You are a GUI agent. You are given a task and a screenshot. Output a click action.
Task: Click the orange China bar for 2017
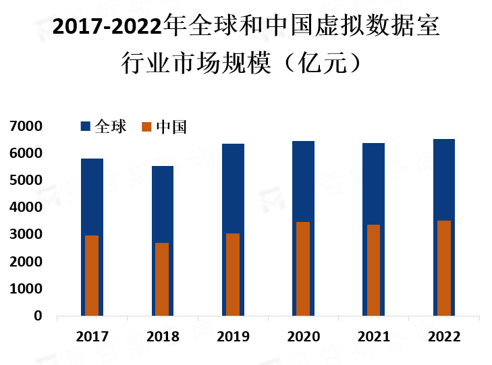pos(92,275)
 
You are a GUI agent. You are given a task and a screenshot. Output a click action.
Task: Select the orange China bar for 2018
pos(162,279)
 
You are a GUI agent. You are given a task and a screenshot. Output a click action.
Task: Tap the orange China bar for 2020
pos(303,269)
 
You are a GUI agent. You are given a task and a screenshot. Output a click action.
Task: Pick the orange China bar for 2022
pos(444,268)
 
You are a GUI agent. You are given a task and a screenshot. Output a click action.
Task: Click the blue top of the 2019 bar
pos(233,188)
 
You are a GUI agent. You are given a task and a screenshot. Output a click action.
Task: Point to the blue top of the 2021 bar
pos(373,184)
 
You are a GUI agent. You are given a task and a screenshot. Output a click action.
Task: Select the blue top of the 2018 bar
pos(163,204)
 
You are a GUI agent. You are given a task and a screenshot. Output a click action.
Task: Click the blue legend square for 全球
pos(85,126)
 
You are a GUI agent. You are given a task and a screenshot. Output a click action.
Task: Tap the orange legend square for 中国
pos(146,127)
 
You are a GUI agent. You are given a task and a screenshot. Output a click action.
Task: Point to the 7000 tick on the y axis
pos(26,126)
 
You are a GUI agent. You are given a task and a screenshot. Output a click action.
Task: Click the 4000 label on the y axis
pos(26,207)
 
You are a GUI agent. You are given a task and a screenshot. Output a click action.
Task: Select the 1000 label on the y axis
pos(26,289)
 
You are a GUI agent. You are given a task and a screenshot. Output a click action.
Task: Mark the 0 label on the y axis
pos(38,316)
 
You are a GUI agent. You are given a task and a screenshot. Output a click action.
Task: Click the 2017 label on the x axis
pos(92,337)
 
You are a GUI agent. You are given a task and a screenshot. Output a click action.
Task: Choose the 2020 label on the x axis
pos(304,337)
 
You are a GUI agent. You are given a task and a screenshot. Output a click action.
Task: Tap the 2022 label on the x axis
pos(444,337)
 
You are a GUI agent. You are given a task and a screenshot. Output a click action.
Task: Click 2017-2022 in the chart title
pos(107,26)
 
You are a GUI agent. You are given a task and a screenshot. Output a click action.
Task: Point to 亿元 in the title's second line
pos(322,63)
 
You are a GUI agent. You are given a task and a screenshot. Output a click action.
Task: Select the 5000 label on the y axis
pos(26,180)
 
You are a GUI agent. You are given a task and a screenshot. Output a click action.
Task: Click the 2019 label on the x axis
pos(233,337)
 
